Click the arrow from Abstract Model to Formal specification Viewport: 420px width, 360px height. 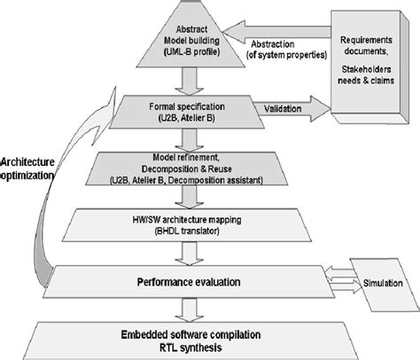tap(187, 82)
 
